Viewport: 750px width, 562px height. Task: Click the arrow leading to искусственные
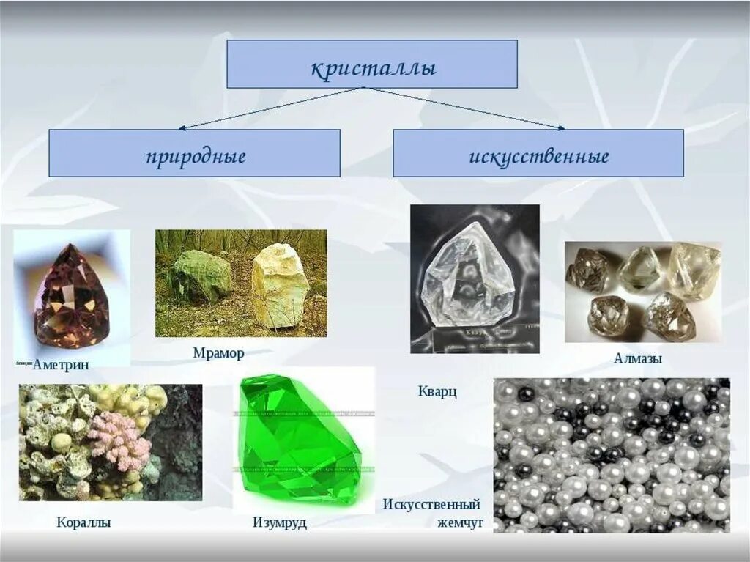pyautogui.click(x=469, y=109)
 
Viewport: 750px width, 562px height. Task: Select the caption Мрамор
pyautogui.click(x=218, y=353)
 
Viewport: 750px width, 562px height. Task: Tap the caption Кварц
pyautogui.click(x=438, y=392)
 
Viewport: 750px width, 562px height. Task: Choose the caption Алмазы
pyautogui.click(x=638, y=359)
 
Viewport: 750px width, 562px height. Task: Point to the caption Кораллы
pyautogui.click(x=83, y=522)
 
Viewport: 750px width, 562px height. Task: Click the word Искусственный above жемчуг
pyautogui.click(x=431, y=504)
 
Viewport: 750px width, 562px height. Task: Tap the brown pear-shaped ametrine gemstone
pyautogui.click(x=71, y=297)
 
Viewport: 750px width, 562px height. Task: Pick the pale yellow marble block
pyautogui.click(x=279, y=285)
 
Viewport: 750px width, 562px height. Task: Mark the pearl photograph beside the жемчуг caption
pyautogui.click(x=612, y=455)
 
